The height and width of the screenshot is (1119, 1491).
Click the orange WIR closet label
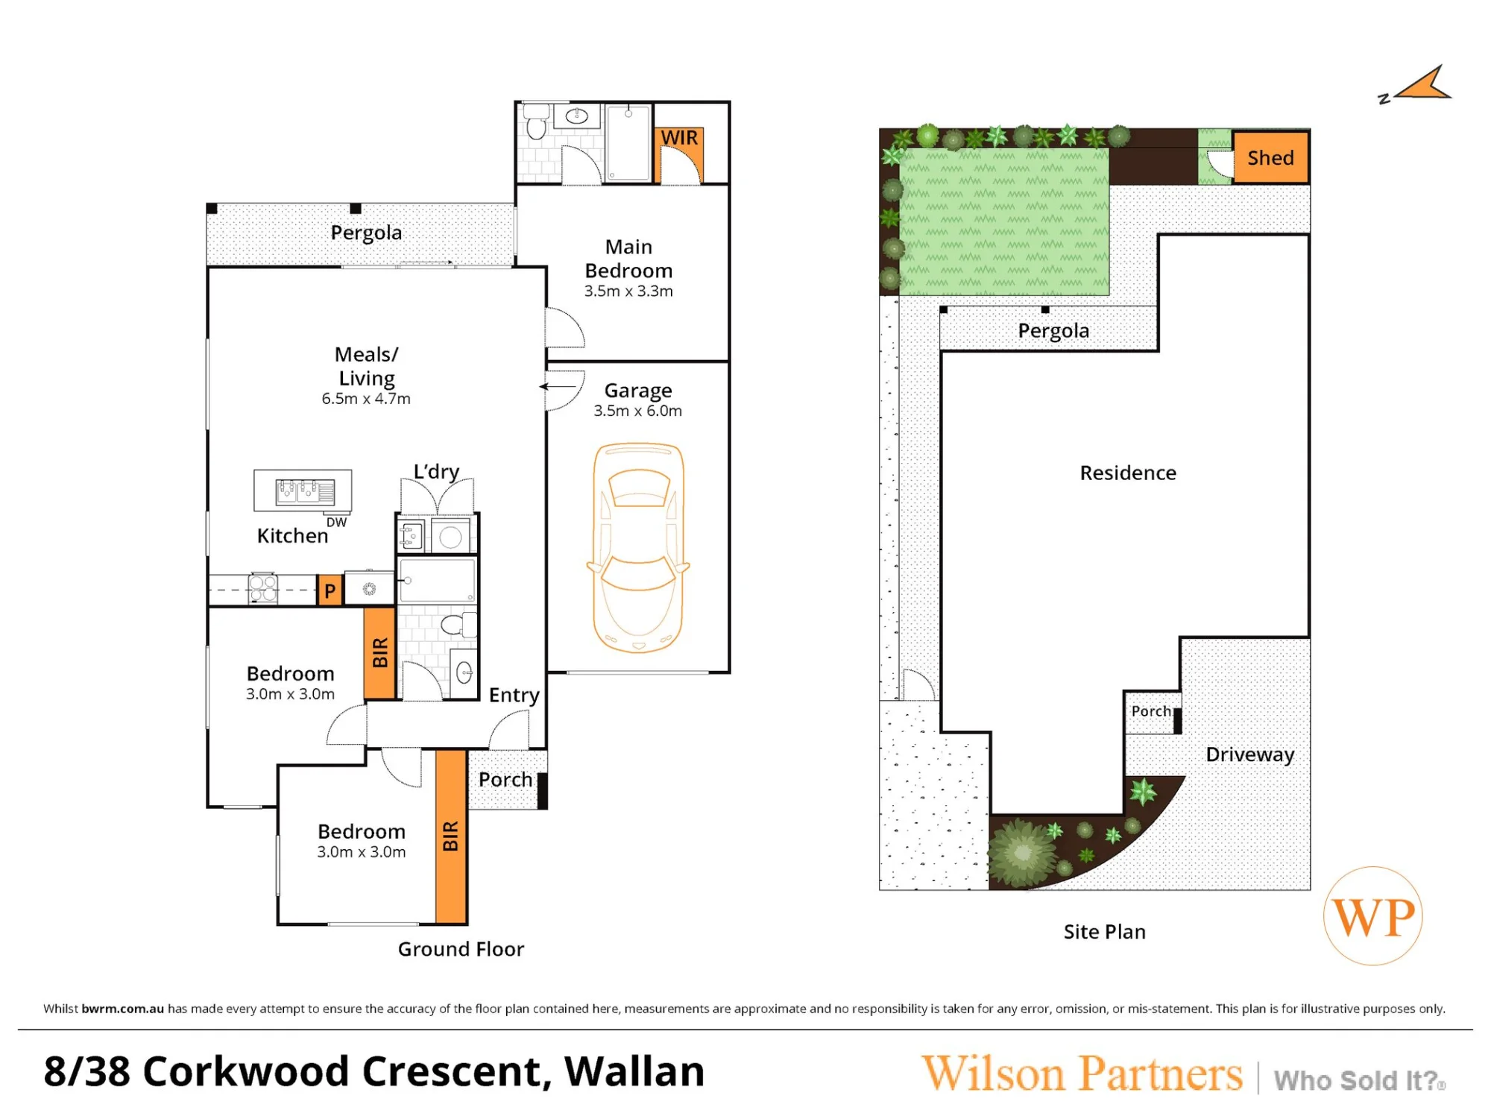tap(679, 138)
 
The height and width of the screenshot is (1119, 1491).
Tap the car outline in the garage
tap(638, 548)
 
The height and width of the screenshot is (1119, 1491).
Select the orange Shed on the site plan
tap(1271, 157)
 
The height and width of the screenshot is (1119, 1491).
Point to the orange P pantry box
tap(330, 590)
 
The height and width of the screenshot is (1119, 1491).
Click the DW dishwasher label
tap(336, 523)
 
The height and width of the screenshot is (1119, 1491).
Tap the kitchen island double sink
tap(305, 492)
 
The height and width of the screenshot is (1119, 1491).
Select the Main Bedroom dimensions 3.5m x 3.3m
tap(628, 291)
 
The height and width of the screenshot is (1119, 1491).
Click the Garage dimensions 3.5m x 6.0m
tap(638, 411)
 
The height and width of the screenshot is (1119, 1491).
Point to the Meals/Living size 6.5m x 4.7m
tap(366, 399)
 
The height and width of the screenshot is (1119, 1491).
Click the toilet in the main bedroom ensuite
tap(536, 123)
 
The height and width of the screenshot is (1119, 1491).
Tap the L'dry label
tap(436, 472)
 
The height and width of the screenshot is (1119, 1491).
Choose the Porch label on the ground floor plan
tap(505, 780)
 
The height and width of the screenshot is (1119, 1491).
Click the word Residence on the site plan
tap(1128, 473)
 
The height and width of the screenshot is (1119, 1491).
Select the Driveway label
tap(1250, 754)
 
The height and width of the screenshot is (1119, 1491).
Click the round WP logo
tap(1373, 916)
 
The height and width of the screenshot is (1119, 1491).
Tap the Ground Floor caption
tap(461, 949)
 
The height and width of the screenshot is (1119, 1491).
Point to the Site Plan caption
tap(1104, 932)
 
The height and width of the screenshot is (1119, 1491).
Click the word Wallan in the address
tap(634, 1071)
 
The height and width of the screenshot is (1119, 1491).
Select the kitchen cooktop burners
tap(263, 588)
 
